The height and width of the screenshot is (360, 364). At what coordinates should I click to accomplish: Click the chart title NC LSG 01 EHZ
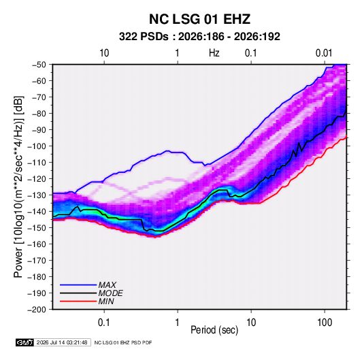199,19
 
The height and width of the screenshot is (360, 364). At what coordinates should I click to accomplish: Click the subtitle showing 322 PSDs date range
199,37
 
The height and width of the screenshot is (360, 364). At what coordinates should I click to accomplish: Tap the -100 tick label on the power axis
37,146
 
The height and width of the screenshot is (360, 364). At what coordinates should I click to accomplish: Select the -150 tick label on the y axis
37,228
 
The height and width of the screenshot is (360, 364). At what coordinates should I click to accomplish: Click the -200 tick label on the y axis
37,310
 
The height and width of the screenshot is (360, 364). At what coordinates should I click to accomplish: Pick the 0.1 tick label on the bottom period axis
104,323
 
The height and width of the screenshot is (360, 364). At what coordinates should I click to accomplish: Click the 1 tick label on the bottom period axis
178,323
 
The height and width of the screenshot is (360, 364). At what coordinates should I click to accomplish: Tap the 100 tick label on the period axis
325,323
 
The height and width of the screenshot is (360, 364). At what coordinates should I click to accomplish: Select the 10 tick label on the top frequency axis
104,53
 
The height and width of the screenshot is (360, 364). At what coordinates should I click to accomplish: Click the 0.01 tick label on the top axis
324,53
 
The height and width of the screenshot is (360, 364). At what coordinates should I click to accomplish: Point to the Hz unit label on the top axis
214,53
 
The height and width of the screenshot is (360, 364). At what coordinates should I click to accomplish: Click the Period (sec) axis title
214,330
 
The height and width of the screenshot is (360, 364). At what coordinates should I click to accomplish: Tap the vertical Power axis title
18,187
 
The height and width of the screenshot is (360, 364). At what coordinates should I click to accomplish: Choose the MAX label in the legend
107,285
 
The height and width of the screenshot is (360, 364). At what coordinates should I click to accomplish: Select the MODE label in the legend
110,293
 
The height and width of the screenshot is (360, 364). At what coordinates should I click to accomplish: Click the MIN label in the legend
106,301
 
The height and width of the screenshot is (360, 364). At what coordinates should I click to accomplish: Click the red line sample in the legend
78,301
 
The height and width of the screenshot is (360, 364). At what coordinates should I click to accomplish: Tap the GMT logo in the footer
25,342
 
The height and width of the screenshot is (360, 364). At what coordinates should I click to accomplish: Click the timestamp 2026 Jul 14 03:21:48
62,342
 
